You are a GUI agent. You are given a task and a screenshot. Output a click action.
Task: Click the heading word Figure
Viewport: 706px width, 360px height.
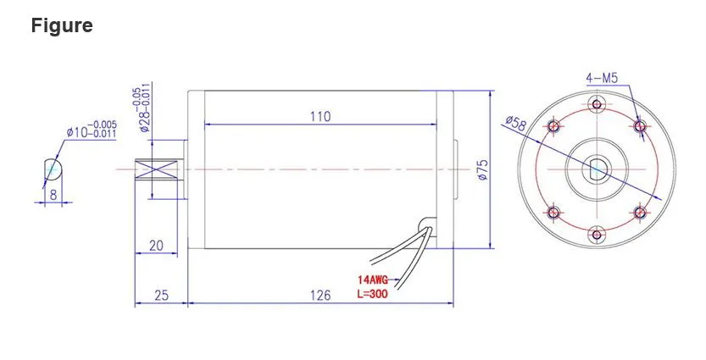[x=62, y=26]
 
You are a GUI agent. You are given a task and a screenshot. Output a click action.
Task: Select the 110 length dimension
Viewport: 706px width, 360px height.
[x=319, y=116]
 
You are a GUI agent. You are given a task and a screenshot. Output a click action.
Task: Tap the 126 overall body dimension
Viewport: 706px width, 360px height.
[x=319, y=295]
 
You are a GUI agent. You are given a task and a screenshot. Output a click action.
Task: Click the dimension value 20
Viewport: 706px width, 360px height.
[x=156, y=246]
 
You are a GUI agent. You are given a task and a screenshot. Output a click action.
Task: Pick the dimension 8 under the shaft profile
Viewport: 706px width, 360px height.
[x=53, y=194]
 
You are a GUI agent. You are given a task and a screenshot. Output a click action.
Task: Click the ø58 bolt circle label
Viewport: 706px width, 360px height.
[x=514, y=123]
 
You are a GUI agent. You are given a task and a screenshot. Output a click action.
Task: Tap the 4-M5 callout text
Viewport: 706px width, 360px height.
[x=602, y=78]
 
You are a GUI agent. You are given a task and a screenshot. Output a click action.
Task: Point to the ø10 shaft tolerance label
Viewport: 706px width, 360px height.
[x=92, y=131]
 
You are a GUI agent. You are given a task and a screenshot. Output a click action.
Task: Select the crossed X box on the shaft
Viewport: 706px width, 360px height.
[x=161, y=169]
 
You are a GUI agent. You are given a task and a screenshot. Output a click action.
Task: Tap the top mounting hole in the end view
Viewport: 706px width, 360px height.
[x=597, y=105]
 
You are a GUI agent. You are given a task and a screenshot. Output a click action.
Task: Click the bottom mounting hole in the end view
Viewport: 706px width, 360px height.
[x=597, y=233]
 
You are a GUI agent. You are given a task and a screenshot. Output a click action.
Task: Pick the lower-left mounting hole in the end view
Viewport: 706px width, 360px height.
[x=554, y=212]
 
